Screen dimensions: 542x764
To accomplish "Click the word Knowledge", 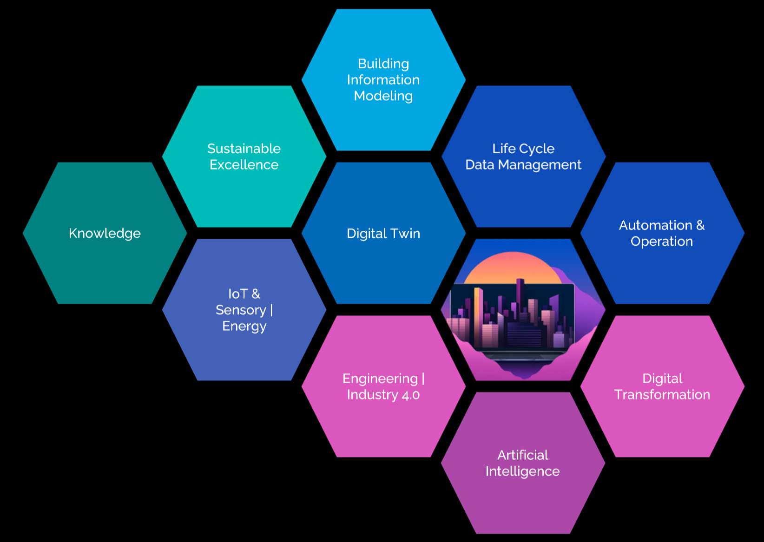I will (x=105, y=233).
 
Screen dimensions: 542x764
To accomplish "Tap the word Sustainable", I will (x=244, y=149).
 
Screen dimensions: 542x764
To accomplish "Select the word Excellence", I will (x=244, y=165).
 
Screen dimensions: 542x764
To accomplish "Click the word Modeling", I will (x=383, y=96).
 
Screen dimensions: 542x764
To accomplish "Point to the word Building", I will (x=383, y=64).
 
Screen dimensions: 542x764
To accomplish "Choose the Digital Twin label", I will (x=383, y=233).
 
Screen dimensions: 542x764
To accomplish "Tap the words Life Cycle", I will (x=523, y=149).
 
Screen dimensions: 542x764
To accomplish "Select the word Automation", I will (x=656, y=225).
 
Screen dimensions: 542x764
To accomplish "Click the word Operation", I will (x=662, y=242).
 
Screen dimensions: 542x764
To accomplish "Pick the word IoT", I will (x=237, y=294).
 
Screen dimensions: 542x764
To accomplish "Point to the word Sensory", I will (x=241, y=310).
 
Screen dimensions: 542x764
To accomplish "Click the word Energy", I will (x=244, y=326).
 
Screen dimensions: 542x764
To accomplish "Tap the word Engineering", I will (x=380, y=379).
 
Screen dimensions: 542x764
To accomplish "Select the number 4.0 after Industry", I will (x=411, y=395).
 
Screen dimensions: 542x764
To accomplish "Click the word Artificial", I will (x=523, y=455).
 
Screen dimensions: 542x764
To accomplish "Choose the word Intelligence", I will (x=523, y=471).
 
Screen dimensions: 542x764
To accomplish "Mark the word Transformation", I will (x=662, y=395).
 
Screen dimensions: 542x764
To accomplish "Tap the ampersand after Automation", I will (x=700, y=225).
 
